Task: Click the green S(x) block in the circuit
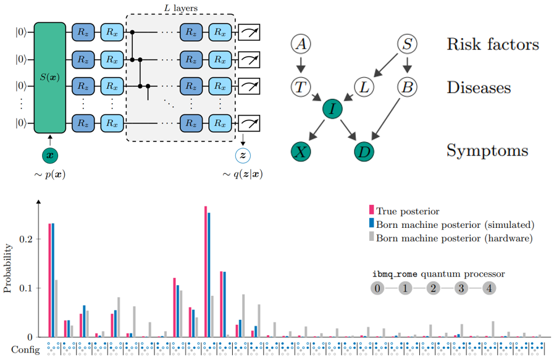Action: pyautogui.click(x=50, y=77)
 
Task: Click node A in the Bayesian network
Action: pyautogui.click(x=301, y=44)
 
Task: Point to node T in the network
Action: pyautogui.click(x=301, y=87)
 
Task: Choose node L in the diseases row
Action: pyautogui.click(x=365, y=87)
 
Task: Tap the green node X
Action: pyautogui.click(x=301, y=152)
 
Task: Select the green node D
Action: pyautogui.click(x=365, y=152)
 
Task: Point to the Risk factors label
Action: pyautogui.click(x=493, y=44)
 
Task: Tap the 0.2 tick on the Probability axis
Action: pyautogui.click(x=27, y=239)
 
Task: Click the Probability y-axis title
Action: pyautogui.click(x=8, y=269)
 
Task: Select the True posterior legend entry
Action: pyautogui.click(x=407, y=211)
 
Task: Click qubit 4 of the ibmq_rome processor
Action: pyautogui.click(x=489, y=288)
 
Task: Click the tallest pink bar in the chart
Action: pyautogui.click(x=206, y=272)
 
